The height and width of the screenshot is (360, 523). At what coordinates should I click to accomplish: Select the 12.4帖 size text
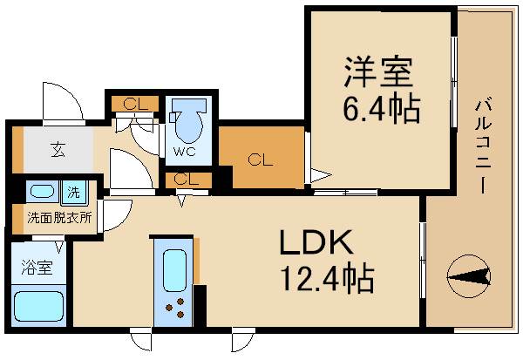coord(326,280)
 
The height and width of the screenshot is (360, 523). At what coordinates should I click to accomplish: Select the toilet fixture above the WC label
coord(186,122)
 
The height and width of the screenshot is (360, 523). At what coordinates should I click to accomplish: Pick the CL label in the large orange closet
coord(258,160)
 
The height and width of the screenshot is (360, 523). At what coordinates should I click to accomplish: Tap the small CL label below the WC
coord(184,180)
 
